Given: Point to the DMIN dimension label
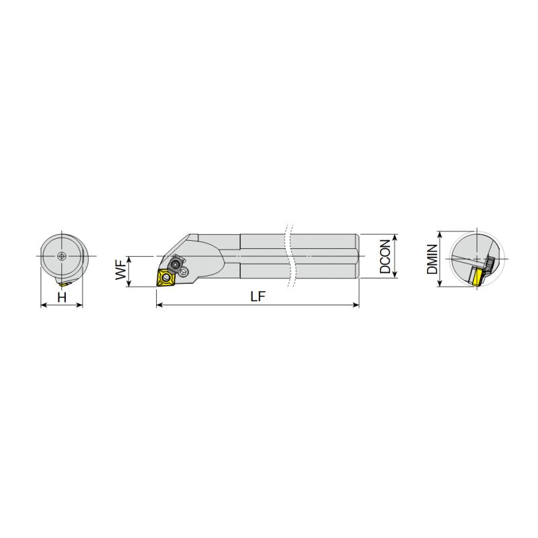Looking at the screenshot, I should [x=432, y=259].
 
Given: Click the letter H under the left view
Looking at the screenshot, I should [x=62, y=297].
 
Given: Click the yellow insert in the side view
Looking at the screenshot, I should [x=165, y=276].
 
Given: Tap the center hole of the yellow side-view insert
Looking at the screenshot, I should [x=165, y=276].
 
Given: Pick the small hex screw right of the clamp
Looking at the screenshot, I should [x=185, y=271].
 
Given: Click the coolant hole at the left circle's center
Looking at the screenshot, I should [x=62, y=256].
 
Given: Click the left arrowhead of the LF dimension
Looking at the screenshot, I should [x=159, y=305].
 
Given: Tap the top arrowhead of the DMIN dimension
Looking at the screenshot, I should [x=440, y=234].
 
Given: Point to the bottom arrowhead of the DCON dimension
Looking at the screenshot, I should [x=395, y=276].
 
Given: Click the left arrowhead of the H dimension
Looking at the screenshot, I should [x=44, y=305].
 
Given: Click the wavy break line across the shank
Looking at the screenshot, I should [x=291, y=256].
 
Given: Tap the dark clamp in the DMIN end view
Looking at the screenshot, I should [x=488, y=264].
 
